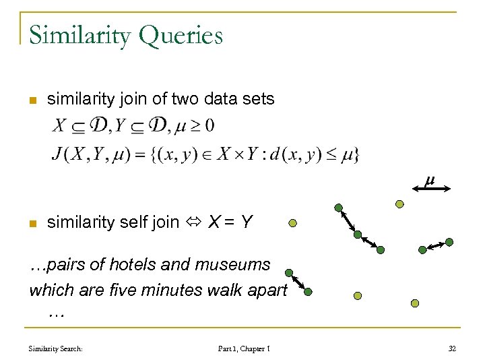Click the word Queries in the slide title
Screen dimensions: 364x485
[x=181, y=35]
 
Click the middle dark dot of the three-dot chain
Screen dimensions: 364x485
[x=358, y=235]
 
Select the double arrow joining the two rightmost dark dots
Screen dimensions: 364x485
[x=437, y=245]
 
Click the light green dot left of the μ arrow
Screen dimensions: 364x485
[x=399, y=204]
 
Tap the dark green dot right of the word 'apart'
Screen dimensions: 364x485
[x=308, y=293]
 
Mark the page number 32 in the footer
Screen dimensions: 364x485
[x=452, y=348]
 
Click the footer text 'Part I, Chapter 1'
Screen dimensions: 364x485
[x=244, y=348]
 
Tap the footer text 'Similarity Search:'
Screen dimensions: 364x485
[x=56, y=348]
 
